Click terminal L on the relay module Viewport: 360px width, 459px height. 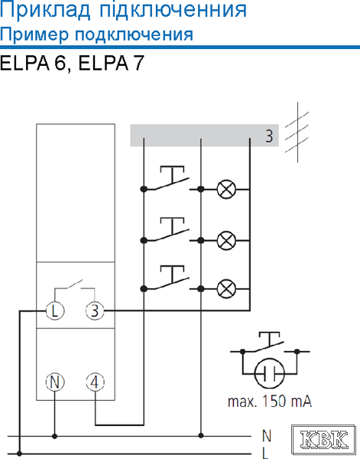pos(55,311)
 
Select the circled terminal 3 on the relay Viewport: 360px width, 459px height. pos(95,311)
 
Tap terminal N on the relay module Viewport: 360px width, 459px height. pos(55,382)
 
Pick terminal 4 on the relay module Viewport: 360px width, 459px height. pos(95,382)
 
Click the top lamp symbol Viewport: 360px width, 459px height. pos(226,190)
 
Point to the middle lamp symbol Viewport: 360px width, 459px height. pos(226,240)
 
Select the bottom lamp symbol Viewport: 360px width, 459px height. pos(226,289)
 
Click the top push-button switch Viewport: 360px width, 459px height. pos(172,179)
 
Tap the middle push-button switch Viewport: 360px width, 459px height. pos(172,230)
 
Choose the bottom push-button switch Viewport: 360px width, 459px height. pos(172,278)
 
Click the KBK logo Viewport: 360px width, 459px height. pos(324,439)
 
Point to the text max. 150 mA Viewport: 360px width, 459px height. pos(270,402)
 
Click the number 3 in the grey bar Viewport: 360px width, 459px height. pos(269,136)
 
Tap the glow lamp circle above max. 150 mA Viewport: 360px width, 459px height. pos(269,373)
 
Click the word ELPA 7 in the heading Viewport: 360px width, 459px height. pos(112,63)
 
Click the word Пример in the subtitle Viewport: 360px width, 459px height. pos(34,34)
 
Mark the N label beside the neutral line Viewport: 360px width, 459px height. pos(267,436)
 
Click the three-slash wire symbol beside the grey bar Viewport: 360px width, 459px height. pos(297,132)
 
